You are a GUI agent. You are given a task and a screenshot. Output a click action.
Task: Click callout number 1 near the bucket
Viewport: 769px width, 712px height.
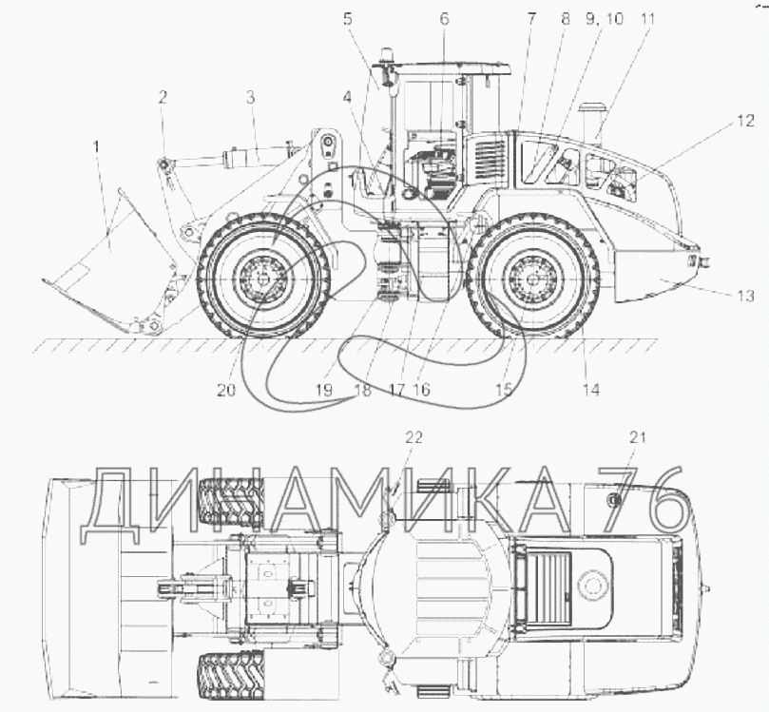(x=97, y=146)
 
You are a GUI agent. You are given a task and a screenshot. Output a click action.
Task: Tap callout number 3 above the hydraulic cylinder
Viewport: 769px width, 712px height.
(x=251, y=98)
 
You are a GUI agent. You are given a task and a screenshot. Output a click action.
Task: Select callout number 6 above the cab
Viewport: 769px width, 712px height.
(x=444, y=19)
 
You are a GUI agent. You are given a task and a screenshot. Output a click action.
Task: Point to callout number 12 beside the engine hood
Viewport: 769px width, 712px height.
(x=745, y=121)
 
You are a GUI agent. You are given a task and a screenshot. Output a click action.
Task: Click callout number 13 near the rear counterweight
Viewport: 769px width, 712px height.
(x=745, y=296)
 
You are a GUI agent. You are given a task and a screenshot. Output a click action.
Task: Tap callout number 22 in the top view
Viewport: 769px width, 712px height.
(x=413, y=437)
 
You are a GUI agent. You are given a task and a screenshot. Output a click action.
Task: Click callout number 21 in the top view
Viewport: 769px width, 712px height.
(x=638, y=437)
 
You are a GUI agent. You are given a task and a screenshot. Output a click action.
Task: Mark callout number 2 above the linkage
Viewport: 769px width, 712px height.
(x=163, y=97)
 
